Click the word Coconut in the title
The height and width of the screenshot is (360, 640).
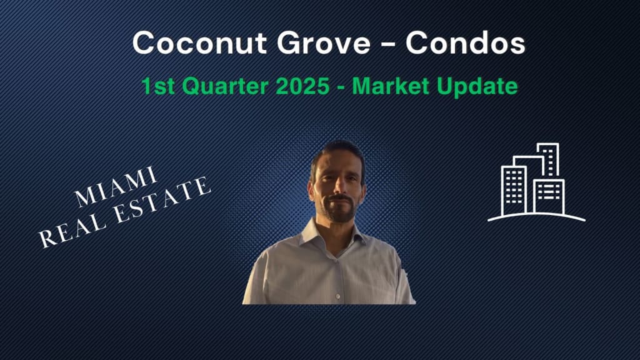(199, 43)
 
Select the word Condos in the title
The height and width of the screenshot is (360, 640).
(465, 43)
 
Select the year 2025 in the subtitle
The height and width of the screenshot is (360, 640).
(302, 86)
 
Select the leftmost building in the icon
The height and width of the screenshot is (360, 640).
(514, 190)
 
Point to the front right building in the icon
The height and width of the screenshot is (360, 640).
(549, 196)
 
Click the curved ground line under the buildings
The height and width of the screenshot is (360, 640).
(536, 215)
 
